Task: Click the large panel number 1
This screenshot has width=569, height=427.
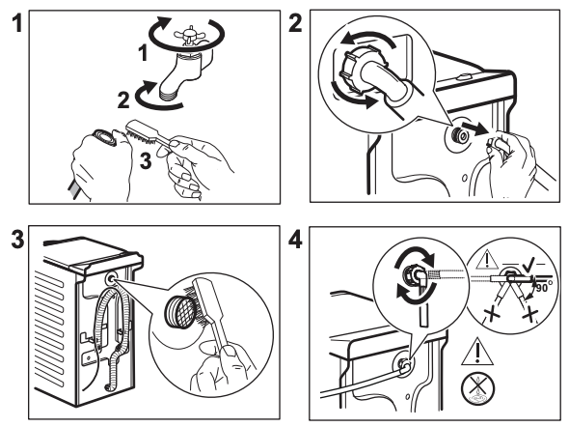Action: [x=17, y=23]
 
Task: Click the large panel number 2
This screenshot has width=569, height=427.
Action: [x=295, y=23]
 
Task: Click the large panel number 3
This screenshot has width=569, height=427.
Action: [x=17, y=240]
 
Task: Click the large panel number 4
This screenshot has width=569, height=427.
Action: [x=295, y=240]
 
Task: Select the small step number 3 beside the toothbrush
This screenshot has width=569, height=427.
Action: [x=146, y=161]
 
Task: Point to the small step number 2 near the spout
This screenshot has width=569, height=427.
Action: [x=123, y=100]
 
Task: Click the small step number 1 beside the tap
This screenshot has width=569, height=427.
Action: [x=144, y=53]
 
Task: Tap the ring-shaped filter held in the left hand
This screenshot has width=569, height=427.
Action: [x=105, y=137]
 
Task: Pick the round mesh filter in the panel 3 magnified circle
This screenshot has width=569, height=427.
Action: [x=179, y=308]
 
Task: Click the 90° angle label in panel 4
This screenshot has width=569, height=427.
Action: [x=543, y=287]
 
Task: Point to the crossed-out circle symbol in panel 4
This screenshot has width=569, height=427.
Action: [x=478, y=389]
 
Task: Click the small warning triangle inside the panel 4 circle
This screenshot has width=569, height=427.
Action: [x=487, y=260]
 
